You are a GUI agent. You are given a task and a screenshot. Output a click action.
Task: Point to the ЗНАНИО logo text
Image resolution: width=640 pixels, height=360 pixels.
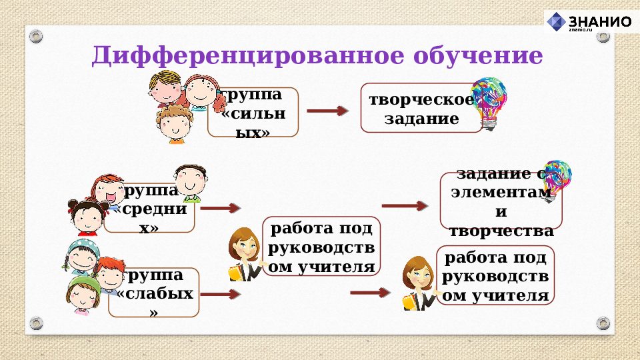point(599,21)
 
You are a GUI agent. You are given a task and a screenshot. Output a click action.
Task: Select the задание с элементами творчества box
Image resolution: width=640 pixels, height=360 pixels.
point(501,201)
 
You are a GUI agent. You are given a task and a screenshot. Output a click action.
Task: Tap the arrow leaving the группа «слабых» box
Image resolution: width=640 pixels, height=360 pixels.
point(221,294)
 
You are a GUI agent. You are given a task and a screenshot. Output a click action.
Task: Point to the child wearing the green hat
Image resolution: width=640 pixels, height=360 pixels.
point(83,293)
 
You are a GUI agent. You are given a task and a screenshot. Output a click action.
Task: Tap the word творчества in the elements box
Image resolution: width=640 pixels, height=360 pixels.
point(501,231)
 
